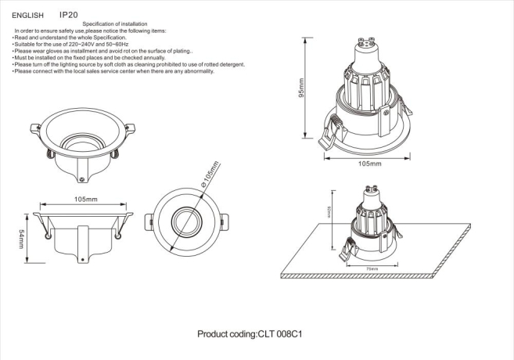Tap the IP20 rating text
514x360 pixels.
pos(68,14)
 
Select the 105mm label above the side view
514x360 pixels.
pos(86,200)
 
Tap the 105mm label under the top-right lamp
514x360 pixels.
pos(369,164)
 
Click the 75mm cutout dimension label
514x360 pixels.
pos(372,268)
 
